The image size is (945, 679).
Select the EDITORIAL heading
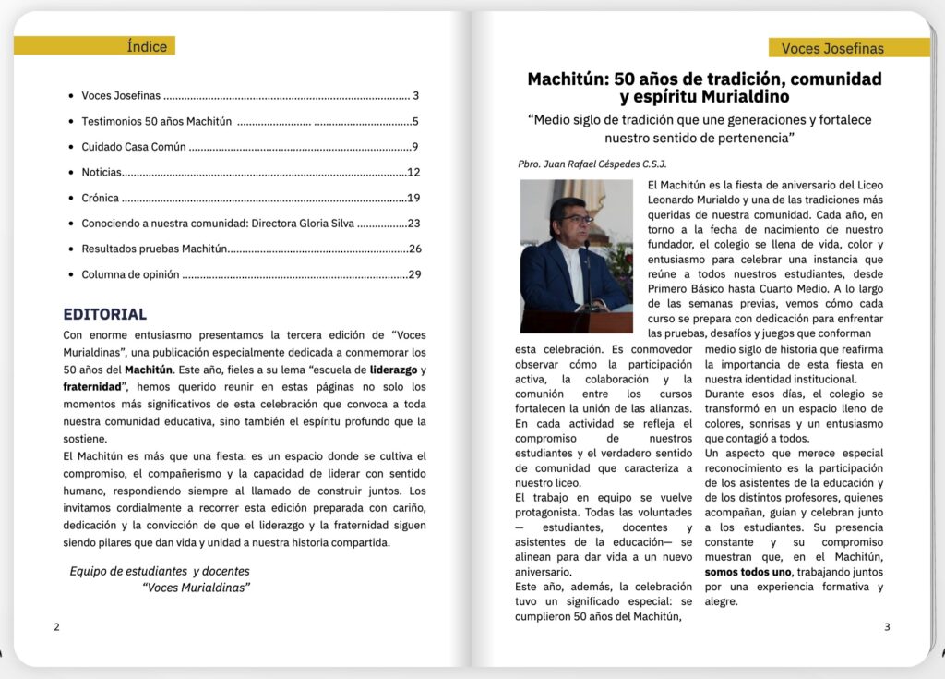point(104,314)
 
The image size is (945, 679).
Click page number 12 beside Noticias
point(413,172)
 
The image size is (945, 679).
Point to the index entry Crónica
point(102,198)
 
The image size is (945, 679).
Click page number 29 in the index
point(414,274)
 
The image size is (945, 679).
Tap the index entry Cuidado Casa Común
point(134,147)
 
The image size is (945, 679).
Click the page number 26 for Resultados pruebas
point(414,249)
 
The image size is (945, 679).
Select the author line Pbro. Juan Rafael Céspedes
point(592,164)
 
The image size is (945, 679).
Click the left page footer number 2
point(56,627)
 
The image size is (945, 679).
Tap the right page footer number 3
point(887,627)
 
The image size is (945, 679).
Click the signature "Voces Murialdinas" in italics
point(197,588)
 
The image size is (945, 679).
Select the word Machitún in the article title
point(565,79)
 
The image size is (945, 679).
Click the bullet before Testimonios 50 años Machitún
point(71,122)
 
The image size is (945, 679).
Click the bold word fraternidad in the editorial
point(93,386)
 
